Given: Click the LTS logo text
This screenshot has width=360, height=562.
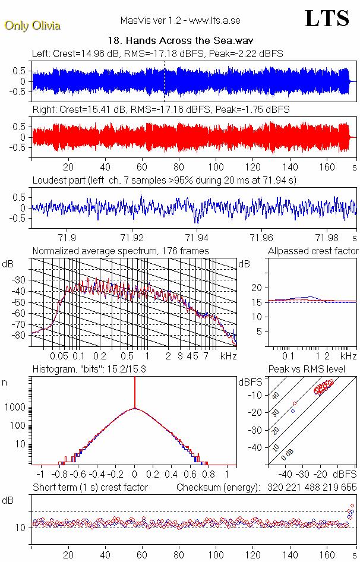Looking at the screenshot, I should point(327,18).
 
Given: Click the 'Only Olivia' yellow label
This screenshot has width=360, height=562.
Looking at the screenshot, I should point(33,26).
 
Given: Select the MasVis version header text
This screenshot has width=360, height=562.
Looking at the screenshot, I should point(181,20).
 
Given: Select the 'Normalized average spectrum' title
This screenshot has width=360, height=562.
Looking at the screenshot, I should point(121,251).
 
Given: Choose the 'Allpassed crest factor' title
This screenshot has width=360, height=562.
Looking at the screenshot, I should point(313,251).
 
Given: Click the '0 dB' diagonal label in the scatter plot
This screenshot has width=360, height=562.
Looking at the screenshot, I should point(289,454).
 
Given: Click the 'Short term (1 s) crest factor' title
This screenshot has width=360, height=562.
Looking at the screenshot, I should point(90,487).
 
